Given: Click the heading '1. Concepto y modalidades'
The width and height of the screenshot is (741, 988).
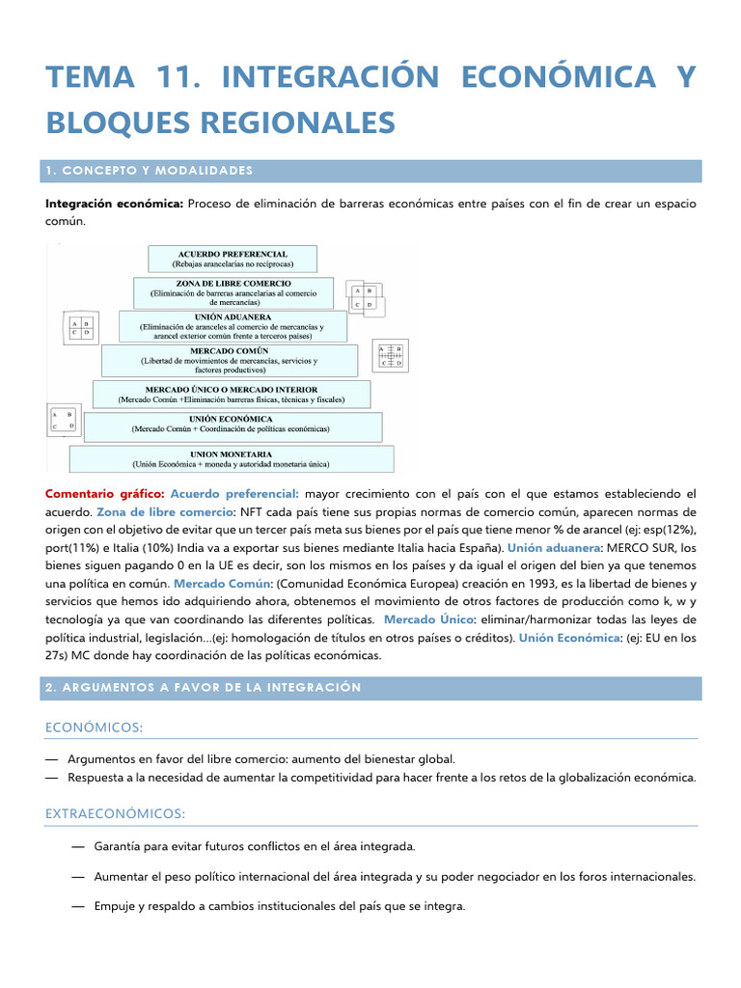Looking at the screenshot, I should tap(149, 171).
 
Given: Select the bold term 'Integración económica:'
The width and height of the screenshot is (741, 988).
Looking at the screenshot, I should tap(115, 204).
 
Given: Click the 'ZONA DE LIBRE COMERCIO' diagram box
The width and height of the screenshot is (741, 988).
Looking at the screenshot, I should tap(233, 292).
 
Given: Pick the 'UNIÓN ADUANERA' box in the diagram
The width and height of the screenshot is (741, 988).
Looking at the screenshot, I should tap(232, 326).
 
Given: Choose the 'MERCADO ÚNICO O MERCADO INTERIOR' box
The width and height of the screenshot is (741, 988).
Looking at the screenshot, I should tap(231, 393).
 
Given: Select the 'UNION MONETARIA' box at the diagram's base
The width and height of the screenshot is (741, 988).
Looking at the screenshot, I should tap(231, 457).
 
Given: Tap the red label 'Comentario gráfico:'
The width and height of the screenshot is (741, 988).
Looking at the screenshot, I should tap(105, 493).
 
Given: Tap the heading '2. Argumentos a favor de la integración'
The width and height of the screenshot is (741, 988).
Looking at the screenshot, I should tap(203, 687).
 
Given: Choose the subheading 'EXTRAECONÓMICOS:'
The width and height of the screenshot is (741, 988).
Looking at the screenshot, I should tap(115, 813).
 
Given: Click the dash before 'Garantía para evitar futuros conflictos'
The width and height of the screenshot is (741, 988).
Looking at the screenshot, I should tap(76, 846).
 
